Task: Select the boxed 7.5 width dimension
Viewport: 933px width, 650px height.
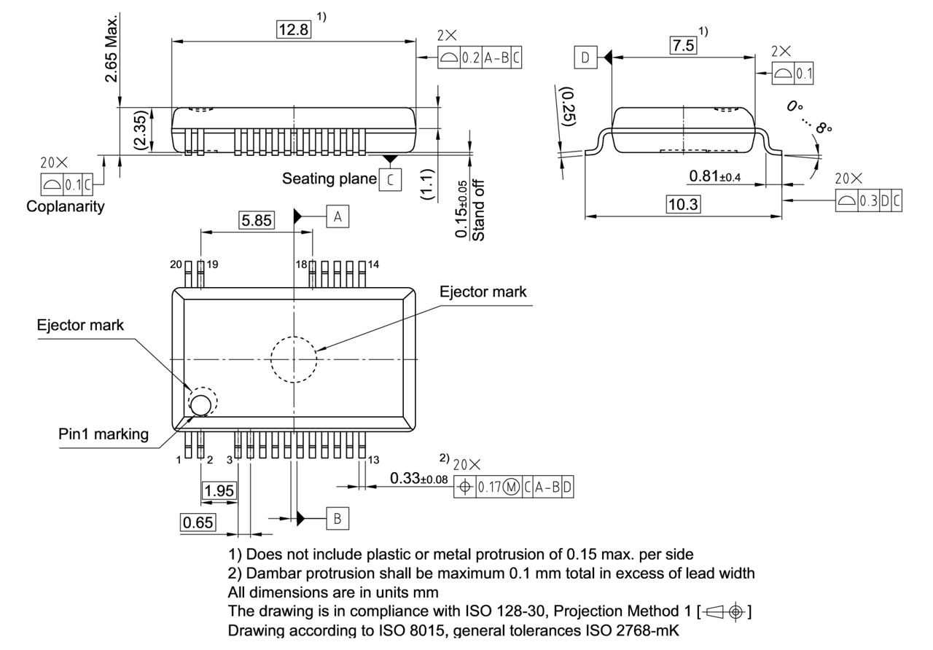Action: click(x=683, y=46)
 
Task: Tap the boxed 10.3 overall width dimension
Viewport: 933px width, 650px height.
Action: click(x=683, y=205)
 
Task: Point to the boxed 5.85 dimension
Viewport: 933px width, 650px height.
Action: click(x=257, y=220)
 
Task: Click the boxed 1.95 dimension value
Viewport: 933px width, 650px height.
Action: click(x=219, y=491)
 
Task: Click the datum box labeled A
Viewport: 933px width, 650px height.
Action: click(x=337, y=216)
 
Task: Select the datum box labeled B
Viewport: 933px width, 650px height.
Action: click(x=337, y=519)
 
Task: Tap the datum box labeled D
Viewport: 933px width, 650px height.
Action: click(x=585, y=57)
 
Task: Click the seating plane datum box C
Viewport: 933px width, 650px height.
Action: click(x=390, y=179)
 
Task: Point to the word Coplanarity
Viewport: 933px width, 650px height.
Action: click(x=66, y=206)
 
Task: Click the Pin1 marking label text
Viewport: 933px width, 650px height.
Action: click(x=104, y=434)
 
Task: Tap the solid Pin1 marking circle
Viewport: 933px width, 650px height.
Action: click(x=201, y=403)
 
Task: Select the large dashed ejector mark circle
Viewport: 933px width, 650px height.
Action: click(x=293, y=359)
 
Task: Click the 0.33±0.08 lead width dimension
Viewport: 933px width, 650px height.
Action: click(x=418, y=479)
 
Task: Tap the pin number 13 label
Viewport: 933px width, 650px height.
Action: click(x=373, y=460)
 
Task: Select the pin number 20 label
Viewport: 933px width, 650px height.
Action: click(x=176, y=265)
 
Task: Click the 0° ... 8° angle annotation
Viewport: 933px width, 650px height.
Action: click(x=809, y=117)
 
